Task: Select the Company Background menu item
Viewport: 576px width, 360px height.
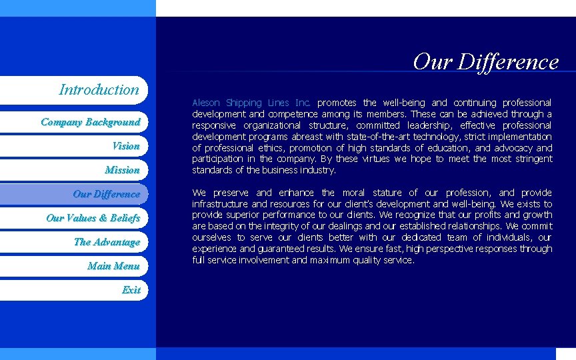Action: click(x=90, y=122)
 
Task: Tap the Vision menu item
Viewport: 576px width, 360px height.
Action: click(x=126, y=146)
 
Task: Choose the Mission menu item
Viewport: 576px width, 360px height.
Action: click(x=122, y=170)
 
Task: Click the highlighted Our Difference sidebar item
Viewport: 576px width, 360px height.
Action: click(x=106, y=194)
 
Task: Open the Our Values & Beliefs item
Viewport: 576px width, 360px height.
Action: click(x=93, y=218)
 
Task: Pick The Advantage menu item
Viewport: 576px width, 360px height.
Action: click(x=107, y=242)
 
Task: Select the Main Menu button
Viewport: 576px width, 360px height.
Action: click(x=113, y=266)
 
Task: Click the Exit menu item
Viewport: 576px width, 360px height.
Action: click(x=131, y=290)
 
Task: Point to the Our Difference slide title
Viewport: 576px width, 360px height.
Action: click(x=485, y=61)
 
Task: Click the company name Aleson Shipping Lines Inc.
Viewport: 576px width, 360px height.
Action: click(x=251, y=103)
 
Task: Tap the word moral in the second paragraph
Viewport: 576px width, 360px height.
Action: click(x=354, y=193)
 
